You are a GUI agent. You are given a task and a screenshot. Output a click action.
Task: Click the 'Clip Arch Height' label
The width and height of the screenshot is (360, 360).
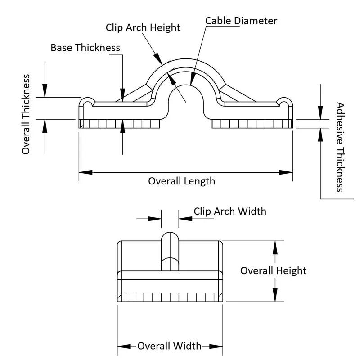click(143, 27)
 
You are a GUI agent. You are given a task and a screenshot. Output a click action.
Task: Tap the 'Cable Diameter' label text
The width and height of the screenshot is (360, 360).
click(241, 21)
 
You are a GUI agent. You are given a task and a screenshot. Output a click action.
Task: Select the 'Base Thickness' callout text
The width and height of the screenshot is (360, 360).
click(85, 48)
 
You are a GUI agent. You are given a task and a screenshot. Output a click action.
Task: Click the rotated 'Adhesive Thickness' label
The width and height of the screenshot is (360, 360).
click(340, 147)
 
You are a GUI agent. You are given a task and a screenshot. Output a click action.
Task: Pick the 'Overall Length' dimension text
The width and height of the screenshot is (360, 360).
click(182, 181)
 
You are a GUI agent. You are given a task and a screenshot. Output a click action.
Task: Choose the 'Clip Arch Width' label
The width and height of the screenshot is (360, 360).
click(230, 211)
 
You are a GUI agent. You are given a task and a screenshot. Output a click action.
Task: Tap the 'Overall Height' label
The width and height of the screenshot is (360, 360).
click(273, 270)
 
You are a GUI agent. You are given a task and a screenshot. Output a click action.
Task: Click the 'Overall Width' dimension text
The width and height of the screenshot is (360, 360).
click(169, 346)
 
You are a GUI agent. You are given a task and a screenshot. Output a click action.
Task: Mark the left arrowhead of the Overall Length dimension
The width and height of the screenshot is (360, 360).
click(83, 172)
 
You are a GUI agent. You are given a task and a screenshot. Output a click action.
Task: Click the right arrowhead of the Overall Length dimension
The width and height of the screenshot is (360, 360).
click(289, 172)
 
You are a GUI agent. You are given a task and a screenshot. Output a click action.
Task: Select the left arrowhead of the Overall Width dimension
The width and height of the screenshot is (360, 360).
click(121, 346)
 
